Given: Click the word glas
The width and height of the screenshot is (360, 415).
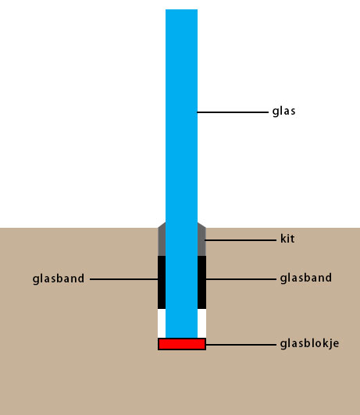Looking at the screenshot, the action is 283,112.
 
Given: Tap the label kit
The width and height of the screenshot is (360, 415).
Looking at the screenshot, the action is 287,239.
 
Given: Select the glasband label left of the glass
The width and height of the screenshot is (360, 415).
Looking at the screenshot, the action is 59,279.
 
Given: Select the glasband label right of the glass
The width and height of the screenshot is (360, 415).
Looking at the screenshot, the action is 306,278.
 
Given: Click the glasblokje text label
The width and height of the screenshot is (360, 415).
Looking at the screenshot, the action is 310,344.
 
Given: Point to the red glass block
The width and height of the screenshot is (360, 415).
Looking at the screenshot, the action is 182,344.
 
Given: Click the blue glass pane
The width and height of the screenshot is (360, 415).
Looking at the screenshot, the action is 181,173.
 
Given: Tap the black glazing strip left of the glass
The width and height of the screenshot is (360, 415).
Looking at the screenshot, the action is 162,282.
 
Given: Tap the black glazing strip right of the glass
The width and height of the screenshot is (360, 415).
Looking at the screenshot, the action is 201,282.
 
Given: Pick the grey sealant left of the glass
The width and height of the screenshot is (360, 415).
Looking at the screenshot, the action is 162,239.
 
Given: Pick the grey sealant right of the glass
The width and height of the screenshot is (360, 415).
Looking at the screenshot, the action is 201,239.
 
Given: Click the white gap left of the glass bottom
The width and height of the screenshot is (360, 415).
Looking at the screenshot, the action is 162,324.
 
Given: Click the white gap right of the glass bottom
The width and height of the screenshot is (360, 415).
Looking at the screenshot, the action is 201,324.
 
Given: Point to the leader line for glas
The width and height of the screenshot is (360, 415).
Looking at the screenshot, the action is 233,112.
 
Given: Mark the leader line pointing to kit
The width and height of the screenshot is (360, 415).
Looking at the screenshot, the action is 241,240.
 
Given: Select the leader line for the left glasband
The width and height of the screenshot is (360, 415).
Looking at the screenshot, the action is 124,279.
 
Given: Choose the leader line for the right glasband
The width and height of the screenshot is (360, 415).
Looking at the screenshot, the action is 241,279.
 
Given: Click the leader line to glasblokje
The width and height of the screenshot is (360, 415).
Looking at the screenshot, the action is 241,345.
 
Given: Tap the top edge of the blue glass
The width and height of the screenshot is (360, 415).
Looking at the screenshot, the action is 181,9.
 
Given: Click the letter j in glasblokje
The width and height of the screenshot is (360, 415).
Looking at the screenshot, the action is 330,344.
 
